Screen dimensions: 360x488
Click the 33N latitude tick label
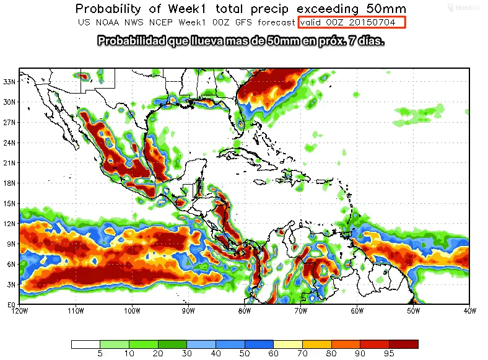click(9, 81)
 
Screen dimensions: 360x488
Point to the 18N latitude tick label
click(9, 183)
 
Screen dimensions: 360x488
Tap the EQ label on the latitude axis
click(10, 304)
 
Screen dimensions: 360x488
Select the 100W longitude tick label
click(132, 310)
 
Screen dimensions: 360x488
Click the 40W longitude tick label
click(469, 310)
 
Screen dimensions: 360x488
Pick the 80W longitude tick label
click(245, 310)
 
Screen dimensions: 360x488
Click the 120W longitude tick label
click(20, 310)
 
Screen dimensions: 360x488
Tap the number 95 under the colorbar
click(389, 354)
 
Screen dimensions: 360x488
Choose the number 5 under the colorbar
click(100, 354)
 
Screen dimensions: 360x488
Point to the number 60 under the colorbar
click(273, 354)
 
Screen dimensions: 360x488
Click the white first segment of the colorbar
click(85, 344)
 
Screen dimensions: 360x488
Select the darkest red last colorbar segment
click(403, 344)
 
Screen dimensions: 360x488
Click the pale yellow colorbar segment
click(288, 344)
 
